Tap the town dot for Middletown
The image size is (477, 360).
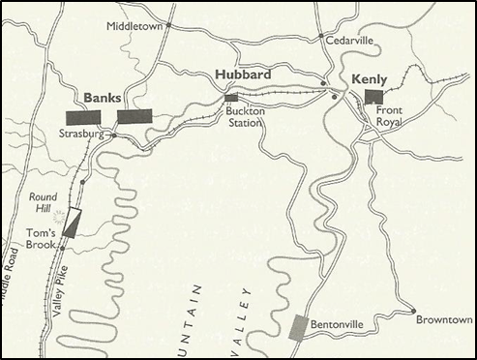tap(168, 24)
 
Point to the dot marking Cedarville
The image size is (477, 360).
tap(321, 39)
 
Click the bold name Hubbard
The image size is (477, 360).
tap(242, 74)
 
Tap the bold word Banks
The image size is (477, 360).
tap(102, 98)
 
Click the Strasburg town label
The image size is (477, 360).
tap(81, 135)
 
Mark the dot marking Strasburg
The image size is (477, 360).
tap(112, 135)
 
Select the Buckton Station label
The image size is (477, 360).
tap(246, 116)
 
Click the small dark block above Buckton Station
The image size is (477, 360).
tap(231, 98)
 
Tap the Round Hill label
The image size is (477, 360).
tap(44, 200)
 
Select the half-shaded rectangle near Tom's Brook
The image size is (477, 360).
tap(71, 224)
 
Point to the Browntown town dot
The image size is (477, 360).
tap(415, 312)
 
